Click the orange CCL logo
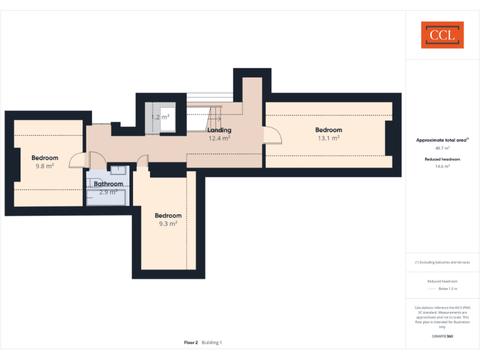tap(442, 35)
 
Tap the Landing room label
tap(219, 130)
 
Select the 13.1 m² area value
tap(328, 138)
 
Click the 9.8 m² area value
tap(44, 166)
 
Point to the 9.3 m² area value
tap(168, 223)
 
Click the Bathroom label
tap(108, 184)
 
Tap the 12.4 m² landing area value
tap(219, 138)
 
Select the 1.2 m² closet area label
tap(160, 117)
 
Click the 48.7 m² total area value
tap(442, 149)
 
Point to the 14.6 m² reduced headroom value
tap(442, 167)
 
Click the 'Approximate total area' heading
tap(441, 140)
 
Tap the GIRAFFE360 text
tap(442, 336)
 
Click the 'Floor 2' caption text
tap(191, 342)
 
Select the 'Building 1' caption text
tap(211, 342)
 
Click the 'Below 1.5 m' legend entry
tap(447, 289)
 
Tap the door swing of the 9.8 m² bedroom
tap(77, 161)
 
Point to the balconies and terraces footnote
tap(442, 262)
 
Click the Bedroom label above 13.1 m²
tap(328, 130)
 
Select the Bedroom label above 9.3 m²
tap(168, 215)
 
